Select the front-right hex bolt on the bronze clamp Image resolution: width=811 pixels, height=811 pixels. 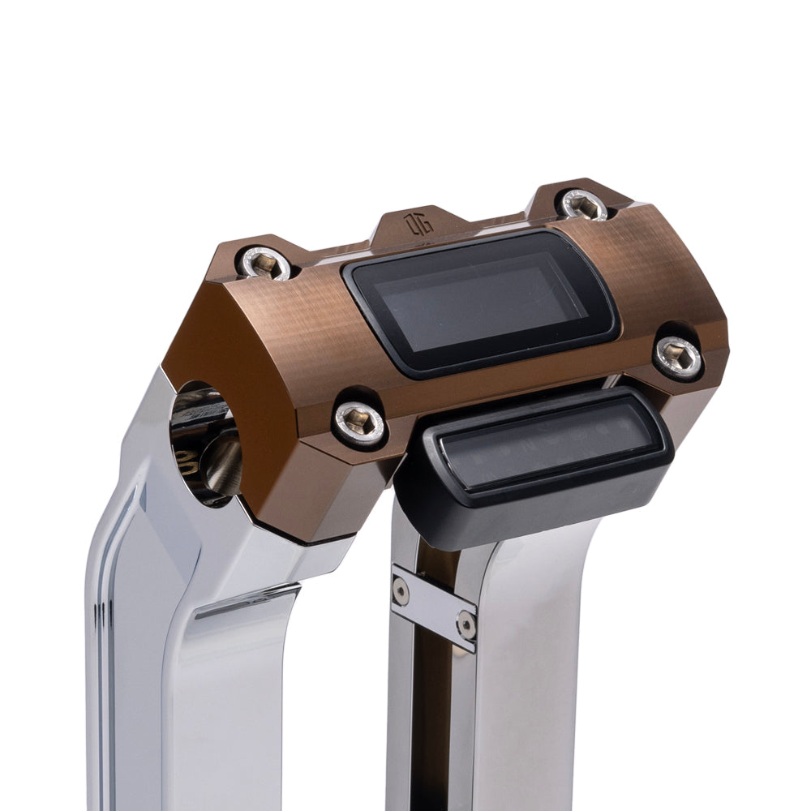coord(679,354)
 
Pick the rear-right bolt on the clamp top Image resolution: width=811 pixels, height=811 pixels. coord(585,204)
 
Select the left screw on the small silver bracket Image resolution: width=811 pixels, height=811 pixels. coord(401,590)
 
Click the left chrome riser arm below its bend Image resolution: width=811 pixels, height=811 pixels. coord(138,649)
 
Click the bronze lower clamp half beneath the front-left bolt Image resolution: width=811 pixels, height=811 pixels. coord(324,495)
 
